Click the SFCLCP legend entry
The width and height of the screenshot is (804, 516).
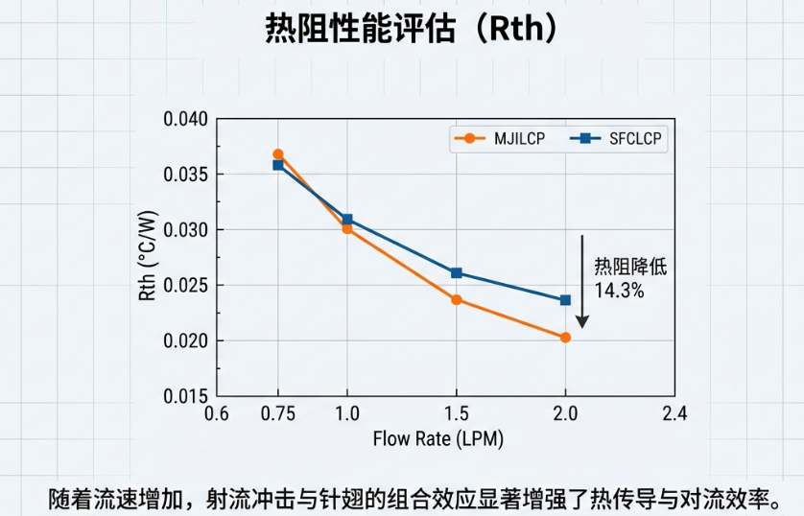coord(619,138)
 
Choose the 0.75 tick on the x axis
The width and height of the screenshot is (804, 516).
coord(278,414)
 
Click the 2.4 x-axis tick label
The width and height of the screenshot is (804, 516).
coord(675,414)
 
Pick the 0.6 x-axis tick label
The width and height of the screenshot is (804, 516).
coord(218,414)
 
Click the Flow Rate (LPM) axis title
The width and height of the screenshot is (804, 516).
coord(437,439)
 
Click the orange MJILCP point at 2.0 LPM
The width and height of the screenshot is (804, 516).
coord(565,338)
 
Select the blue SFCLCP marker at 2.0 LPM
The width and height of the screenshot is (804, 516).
coord(565,300)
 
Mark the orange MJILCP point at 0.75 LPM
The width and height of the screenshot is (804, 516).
coord(278,154)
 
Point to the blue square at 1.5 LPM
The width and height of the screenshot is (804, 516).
coord(457,273)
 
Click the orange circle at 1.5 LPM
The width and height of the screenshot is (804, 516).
coord(457,299)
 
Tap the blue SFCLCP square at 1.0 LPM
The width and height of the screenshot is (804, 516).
coord(347,220)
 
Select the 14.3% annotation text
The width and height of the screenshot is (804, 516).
coord(619,290)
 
